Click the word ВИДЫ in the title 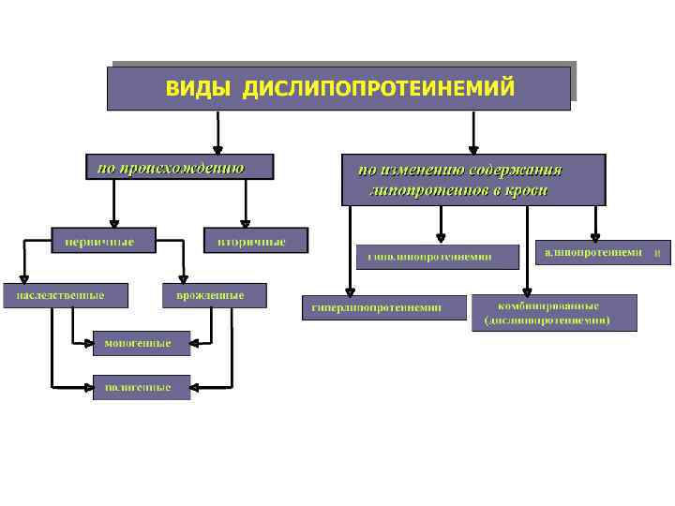[200, 89]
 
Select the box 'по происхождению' [179, 167]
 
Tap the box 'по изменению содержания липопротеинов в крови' [473, 180]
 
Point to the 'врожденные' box [215, 295]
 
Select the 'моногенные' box [141, 343]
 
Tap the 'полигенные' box [141, 387]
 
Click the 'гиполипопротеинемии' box [437, 256]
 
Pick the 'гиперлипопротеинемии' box [384, 307]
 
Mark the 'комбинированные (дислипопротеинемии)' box [554, 312]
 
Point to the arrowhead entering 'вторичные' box [246, 220]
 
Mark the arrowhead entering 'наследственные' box [23, 276]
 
